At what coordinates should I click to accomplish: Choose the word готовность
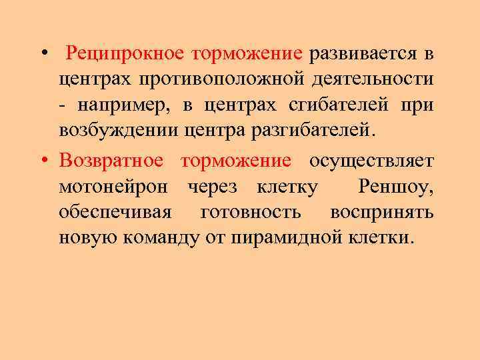[251, 213]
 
